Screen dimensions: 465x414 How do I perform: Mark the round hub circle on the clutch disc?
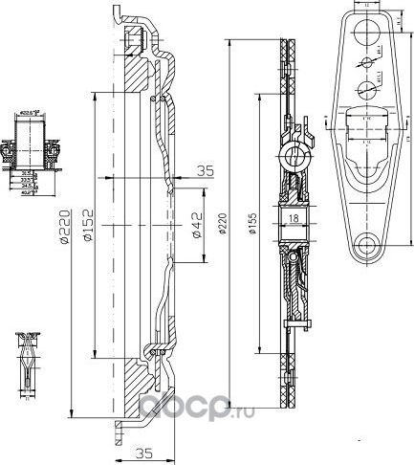point(296,154)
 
